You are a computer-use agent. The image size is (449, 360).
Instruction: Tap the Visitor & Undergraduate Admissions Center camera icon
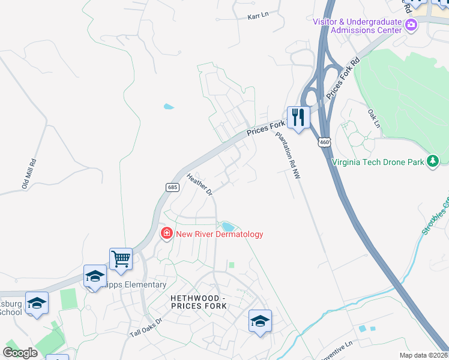click(x=412, y=25)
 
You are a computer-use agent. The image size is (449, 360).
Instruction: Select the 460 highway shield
click(x=324, y=142)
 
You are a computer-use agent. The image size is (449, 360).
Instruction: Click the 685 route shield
click(x=172, y=187)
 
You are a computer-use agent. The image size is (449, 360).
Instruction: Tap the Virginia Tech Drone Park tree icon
click(x=432, y=161)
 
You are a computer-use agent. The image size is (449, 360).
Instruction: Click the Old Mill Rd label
click(x=29, y=174)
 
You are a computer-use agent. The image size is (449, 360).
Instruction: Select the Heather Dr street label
click(x=200, y=185)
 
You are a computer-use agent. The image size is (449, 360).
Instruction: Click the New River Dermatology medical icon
click(x=166, y=233)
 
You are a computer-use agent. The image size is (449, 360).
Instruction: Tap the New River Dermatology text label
click(x=219, y=234)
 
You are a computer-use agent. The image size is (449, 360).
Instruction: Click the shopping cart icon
click(x=121, y=259)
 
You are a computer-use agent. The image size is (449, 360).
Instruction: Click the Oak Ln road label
click(x=373, y=118)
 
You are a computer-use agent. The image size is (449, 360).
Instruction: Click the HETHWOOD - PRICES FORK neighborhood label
click(x=199, y=302)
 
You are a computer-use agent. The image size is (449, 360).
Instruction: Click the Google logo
click(x=20, y=353)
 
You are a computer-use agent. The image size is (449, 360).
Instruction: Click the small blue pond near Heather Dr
click(x=228, y=226)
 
